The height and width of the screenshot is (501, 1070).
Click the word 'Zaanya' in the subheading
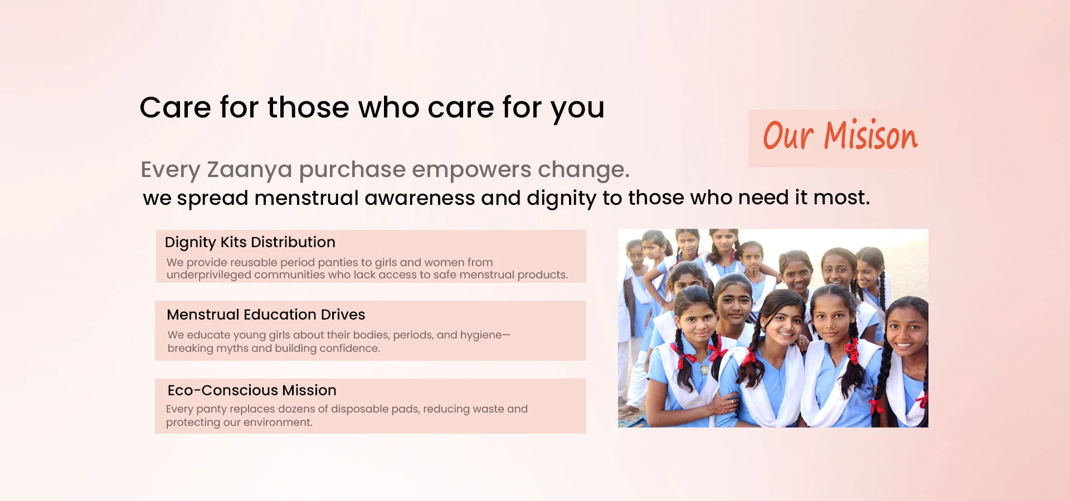click(249, 170)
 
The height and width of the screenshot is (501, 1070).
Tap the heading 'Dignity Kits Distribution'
click(250, 242)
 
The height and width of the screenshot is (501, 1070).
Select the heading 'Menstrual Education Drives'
click(266, 315)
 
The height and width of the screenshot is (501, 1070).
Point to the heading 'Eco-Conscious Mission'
click(252, 390)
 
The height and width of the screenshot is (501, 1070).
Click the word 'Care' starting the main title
click(176, 107)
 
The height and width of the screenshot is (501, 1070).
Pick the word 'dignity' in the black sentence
click(561, 198)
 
